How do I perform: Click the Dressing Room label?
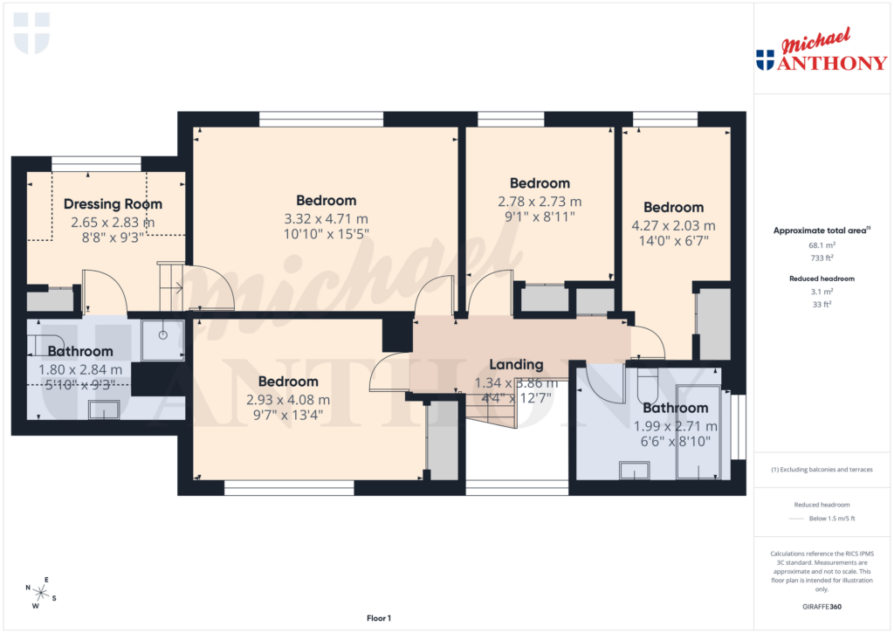(113, 204)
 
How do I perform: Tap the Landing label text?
(516, 364)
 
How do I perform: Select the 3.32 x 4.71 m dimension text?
(326, 218)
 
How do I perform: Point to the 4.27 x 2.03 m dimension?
(673, 224)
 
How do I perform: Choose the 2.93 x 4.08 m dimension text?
(287, 399)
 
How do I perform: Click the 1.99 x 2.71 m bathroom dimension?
(675, 426)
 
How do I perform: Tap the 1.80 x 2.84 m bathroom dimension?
(80, 369)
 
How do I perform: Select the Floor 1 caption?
(378, 618)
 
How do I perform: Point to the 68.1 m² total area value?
(821, 245)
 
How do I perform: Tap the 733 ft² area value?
(821, 258)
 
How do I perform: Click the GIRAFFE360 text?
(821, 606)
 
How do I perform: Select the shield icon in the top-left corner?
(32, 32)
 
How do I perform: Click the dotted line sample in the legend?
(794, 519)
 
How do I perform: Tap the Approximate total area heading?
(821, 230)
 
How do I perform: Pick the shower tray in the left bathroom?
(162, 340)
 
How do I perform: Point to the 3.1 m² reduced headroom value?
(821, 292)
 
